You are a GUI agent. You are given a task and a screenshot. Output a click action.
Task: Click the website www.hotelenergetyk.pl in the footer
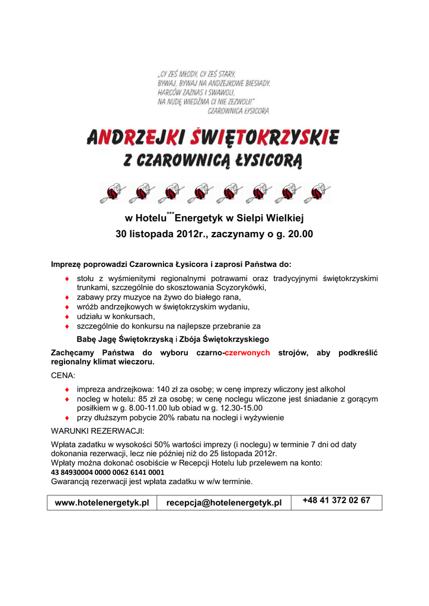(x=101, y=502)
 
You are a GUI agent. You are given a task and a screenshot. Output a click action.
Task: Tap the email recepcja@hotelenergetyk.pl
(x=223, y=502)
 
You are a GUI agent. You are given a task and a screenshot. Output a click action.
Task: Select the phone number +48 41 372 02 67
(x=336, y=501)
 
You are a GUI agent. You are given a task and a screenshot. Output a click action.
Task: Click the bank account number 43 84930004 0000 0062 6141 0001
(x=108, y=473)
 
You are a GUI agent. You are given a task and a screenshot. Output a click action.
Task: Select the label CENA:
(x=63, y=376)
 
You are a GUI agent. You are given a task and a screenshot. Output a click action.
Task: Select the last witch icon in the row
(x=316, y=192)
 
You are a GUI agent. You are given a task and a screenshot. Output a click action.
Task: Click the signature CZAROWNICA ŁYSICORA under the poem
(x=238, y=111)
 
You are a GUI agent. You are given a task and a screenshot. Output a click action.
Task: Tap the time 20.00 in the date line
(x=299, y=234)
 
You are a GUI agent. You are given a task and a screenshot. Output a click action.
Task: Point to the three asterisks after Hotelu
(x=170, y=213)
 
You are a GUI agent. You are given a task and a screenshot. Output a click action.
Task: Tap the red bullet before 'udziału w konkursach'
(x=67, y=317)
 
